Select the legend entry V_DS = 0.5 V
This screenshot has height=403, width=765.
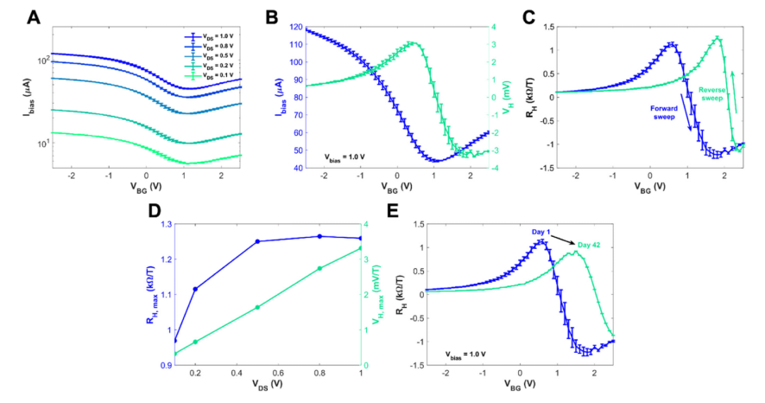pyautogui.click(x=212, y=54)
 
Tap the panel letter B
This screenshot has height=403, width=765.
pyautogui.click(x=271, y=16)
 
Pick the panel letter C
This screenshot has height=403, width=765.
pyautogui.click(x=528, y=16)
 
